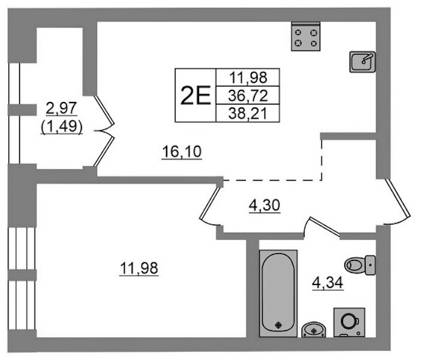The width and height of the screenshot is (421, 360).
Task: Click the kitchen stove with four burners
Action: pos(306,37)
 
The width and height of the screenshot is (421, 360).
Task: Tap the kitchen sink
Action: pos(362,62)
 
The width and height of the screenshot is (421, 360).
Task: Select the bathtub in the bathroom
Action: pos(278,293)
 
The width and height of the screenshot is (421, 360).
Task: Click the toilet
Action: pos(360,265)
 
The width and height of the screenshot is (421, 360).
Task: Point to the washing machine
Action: pos(349,322)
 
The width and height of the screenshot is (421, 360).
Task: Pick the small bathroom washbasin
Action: pos(314,329)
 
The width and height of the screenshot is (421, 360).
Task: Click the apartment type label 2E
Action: pos(196,95)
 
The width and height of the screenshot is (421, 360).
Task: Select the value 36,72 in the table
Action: pos(248,95)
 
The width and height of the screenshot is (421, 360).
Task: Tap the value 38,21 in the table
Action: pos(248,113)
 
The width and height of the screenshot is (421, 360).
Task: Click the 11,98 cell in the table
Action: pos(248,77)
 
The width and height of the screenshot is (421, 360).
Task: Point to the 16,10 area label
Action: pos(182,152)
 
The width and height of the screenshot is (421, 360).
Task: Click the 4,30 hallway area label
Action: pos(264,205)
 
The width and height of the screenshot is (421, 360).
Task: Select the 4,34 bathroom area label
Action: pos(328,283)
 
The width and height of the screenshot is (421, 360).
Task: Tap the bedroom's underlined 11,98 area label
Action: pos(139,268)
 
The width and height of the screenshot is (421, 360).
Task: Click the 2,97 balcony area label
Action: pos(62,109)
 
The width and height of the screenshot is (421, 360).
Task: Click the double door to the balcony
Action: pos(104,131)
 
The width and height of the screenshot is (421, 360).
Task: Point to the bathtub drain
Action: pos(279,325)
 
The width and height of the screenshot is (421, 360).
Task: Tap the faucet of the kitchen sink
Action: pos(367,58)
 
